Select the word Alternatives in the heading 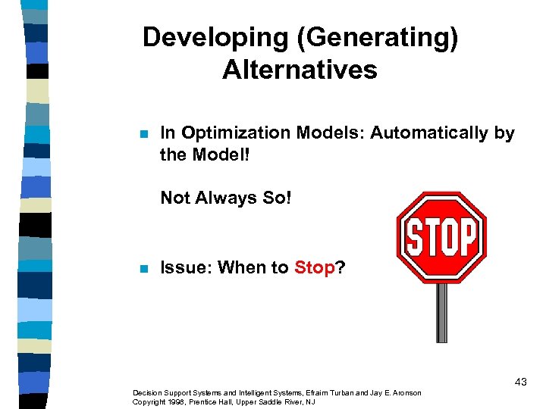300,70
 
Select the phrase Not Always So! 226,198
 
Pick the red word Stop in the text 314,267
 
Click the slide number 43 520,382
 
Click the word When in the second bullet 242,267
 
